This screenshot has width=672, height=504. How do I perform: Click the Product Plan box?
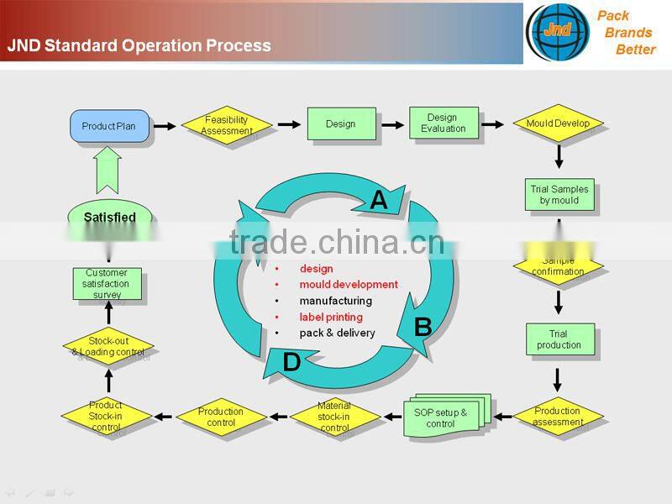109,126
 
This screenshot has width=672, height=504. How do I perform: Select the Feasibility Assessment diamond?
227,125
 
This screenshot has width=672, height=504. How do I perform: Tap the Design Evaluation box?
444,123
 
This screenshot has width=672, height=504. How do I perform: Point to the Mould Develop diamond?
558,124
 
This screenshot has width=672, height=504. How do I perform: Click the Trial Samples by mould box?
559,195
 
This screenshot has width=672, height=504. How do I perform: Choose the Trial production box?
559,339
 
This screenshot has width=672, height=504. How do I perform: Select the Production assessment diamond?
558,416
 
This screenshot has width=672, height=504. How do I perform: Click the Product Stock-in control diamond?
107,416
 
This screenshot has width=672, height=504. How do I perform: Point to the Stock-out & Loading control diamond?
109,347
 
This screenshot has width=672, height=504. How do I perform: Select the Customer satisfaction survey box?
107,284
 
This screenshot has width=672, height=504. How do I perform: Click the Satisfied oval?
110,218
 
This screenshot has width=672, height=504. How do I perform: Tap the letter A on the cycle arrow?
379,200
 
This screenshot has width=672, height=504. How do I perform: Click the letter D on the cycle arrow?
291,362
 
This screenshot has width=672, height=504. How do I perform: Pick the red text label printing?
331,317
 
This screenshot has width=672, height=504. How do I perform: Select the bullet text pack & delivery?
337,333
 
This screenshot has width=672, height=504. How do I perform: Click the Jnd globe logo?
557,31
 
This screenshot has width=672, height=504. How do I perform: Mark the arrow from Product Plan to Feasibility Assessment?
165,126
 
